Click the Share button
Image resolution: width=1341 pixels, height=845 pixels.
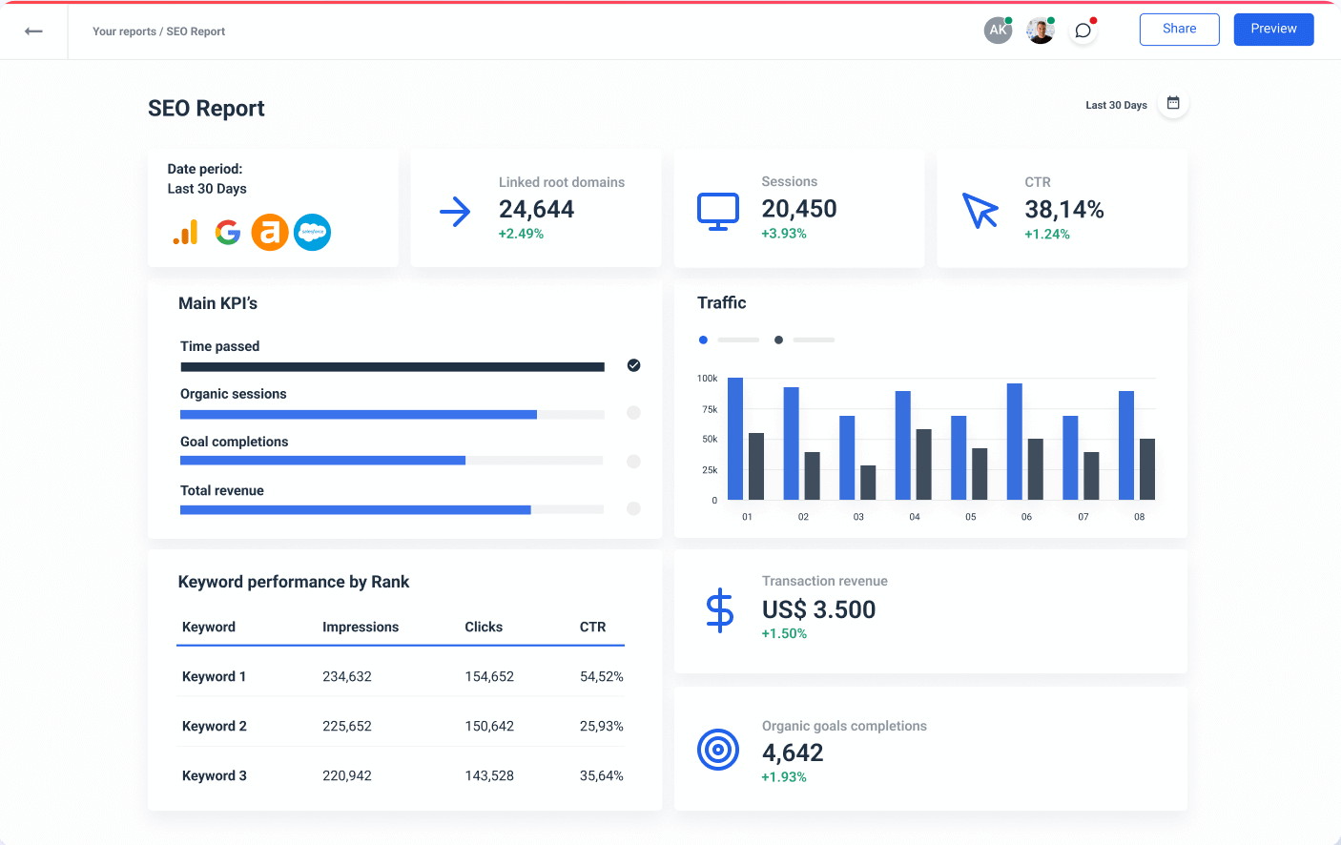[1179, 30]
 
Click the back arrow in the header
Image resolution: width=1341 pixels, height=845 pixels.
[33, 31]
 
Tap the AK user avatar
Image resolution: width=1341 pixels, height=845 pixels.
[998, 31]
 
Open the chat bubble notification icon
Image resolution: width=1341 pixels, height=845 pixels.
[1083, 31]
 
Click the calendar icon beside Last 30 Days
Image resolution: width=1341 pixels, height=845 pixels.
[1173, 103]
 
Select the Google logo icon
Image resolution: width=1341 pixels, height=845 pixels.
[227, 232]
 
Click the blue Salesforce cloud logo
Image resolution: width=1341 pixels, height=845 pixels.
[312, 232]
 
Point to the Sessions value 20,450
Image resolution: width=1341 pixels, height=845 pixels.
[798, 209]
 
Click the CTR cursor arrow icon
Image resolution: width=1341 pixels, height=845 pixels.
[980, 211]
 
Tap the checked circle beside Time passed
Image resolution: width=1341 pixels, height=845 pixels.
[633, 365]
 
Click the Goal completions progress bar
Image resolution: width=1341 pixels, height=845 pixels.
[391, 461]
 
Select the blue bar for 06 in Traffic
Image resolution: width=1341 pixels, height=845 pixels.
[1014, 441]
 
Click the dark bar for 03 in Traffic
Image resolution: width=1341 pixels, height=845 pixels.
[868, 482]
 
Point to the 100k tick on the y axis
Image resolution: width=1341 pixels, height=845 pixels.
[707, 379]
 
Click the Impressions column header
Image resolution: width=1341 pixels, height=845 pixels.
[361, 627]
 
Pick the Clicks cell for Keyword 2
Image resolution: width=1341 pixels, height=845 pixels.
[489, 726]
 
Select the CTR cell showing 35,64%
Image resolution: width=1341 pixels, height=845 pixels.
[601, 775]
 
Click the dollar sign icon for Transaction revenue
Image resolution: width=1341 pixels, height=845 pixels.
[719, 610]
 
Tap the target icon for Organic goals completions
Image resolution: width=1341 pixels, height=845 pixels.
[718, 750]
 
